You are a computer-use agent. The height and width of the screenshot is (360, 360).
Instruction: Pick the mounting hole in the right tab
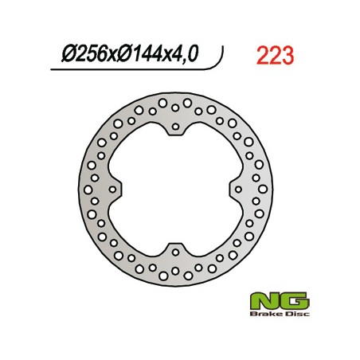pyautogui.click(x=236, y=189)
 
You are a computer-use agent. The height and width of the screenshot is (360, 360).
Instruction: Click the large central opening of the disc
pyautogui.click(x=175, y=189)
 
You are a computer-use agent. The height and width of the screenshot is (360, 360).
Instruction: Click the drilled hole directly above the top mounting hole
pyautogui.click(x=175, y=102)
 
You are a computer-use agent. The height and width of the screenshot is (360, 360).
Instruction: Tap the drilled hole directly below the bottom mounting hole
pyautogui.click(x=175, y=276)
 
